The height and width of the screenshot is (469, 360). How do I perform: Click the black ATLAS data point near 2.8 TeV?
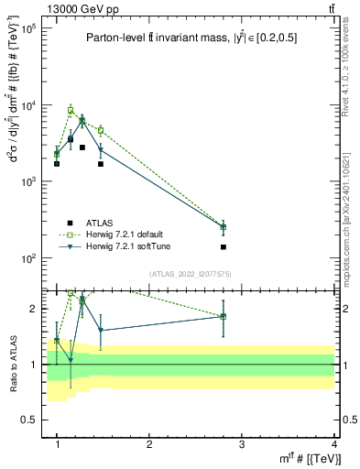click(x=224, y=247)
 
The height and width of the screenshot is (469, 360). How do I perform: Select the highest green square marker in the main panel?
click(x=71, y=110)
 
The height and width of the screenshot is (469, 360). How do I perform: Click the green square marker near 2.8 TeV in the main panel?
click(x=224, y=227)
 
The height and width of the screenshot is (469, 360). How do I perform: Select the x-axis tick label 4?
click(x=334, y=443)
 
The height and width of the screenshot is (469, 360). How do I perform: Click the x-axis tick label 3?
click(x=242, y=443)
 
